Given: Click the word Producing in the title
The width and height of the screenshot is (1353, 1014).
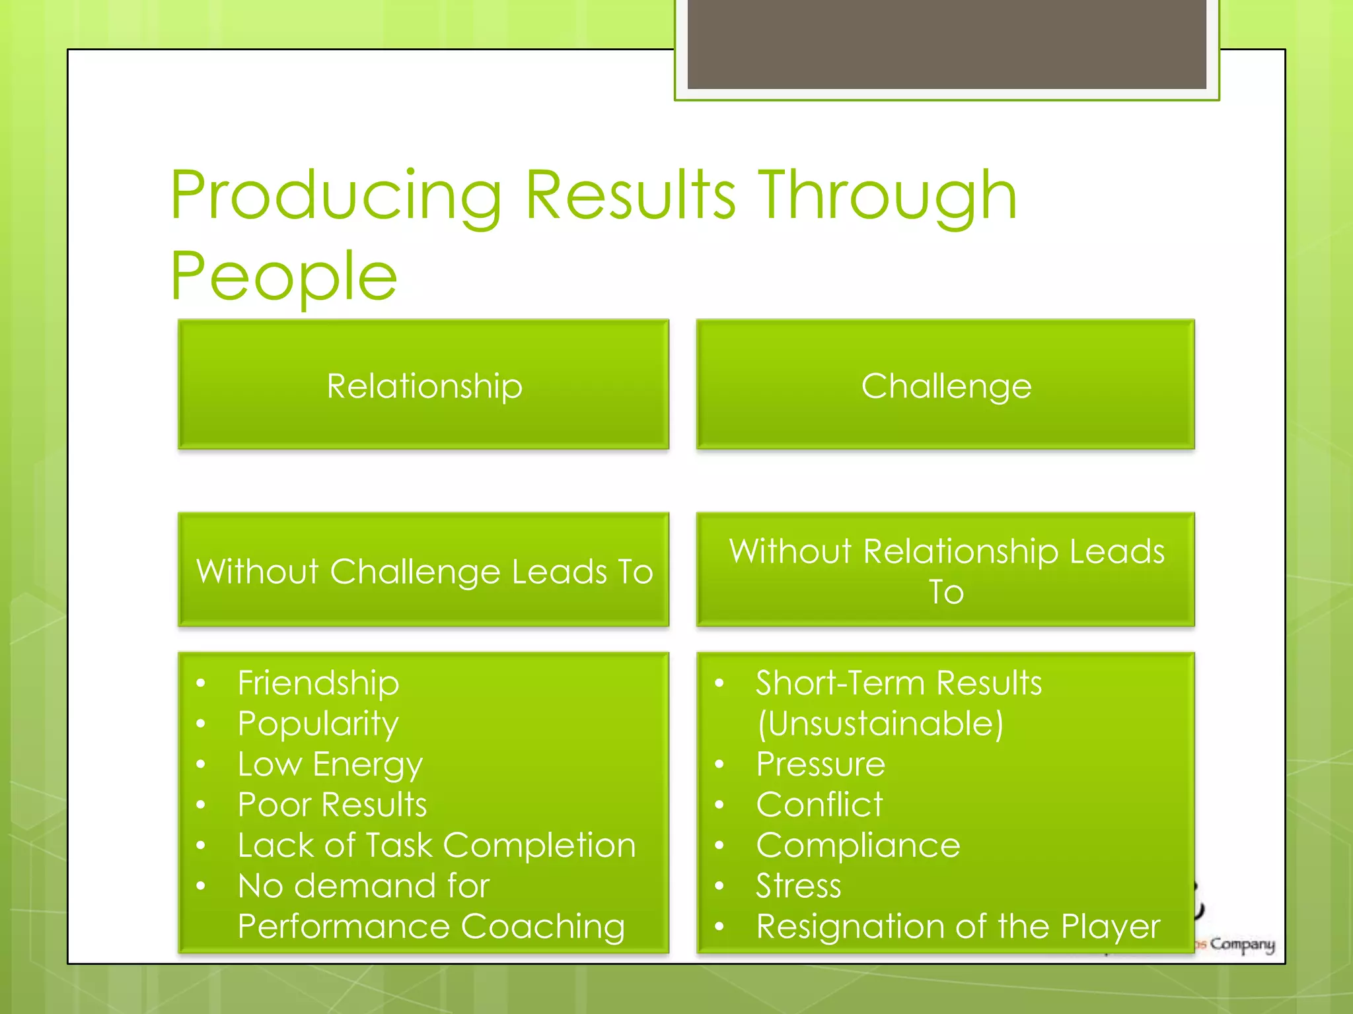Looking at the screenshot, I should click(336, 196).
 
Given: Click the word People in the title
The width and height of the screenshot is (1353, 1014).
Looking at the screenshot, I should click(284, 277).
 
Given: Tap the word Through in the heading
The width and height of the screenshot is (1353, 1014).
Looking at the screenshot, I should click(887, 196).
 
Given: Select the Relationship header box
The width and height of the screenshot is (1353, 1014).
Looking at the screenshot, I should click(423, 385).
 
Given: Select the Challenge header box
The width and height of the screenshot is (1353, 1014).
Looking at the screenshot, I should click(945, 385).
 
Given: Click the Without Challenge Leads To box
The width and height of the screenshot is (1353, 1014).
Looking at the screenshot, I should click(423, 570).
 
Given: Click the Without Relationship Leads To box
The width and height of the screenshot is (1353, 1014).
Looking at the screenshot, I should click(945, 570).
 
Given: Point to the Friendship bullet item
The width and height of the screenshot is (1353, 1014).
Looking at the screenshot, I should click(318, 683).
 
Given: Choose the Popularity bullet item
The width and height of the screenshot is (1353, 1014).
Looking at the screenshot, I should click(318, 724).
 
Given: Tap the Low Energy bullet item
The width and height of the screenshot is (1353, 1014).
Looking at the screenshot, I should click(330, 764).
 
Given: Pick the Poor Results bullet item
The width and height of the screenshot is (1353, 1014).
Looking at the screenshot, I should click(332, 805).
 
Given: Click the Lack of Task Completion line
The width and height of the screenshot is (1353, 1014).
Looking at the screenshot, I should click(436, 846).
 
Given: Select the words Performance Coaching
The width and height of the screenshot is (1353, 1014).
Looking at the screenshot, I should click(431, 927).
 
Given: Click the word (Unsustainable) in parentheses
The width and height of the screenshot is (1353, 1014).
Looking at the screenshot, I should click(880, 724).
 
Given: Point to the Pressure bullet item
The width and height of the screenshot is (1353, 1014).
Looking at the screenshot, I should click(821, 764).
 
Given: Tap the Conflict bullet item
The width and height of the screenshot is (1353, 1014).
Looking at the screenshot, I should click(819, 805).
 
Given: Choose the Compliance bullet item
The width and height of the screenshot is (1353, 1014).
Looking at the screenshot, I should click(858, 846).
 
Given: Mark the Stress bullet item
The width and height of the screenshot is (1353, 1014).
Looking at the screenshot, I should click(798, 886).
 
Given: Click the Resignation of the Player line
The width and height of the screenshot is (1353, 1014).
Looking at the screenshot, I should click(958, 927).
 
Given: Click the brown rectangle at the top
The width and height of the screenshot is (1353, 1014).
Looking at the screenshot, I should click(946, 44).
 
